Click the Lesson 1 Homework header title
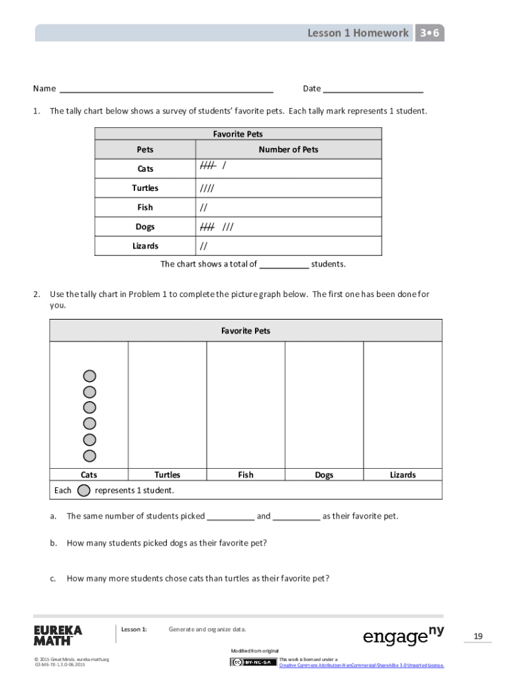(358, 33)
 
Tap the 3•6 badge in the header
(430, 33)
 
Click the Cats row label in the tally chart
(145, 169)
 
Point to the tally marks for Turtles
(207, 188)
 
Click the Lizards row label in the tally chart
(145, 246)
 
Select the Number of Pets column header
(288, 150)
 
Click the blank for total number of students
(283, 265)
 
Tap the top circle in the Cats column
(89, 376)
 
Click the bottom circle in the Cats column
(89, 456)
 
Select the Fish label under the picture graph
(246, 475)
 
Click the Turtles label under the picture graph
(167, 475)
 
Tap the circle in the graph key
(84, 491)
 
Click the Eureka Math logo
(58, 635)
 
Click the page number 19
(478, 637)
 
